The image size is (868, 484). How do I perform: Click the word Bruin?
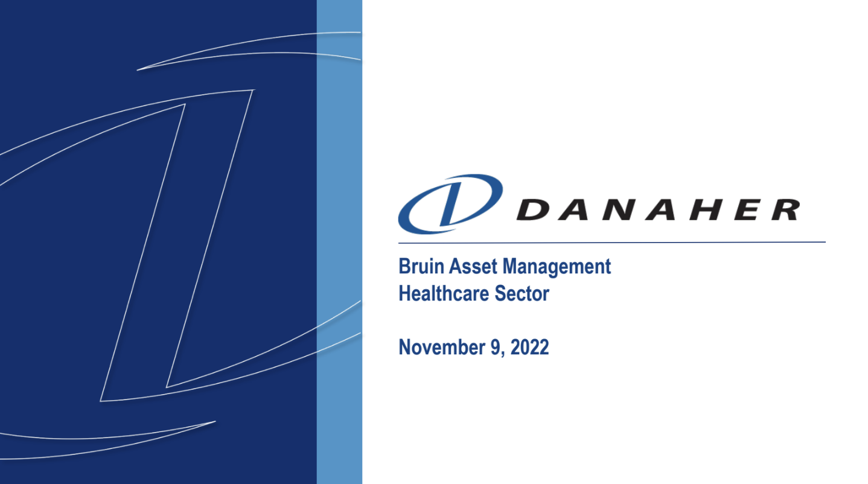coord(421,267)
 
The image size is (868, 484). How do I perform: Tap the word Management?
coord(557,267)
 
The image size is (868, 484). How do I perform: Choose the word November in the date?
coord(442,347)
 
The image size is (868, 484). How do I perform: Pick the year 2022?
coord(529,347)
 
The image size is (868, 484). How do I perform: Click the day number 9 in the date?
coord(496,347)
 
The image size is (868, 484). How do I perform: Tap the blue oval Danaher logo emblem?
coord(451,204)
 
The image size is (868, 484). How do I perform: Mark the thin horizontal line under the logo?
coord(612,243)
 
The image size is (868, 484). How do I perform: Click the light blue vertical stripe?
coord(339,242)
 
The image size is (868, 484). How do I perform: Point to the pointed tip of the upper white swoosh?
coord(138,70)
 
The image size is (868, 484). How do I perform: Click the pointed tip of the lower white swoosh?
coord(215,422)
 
